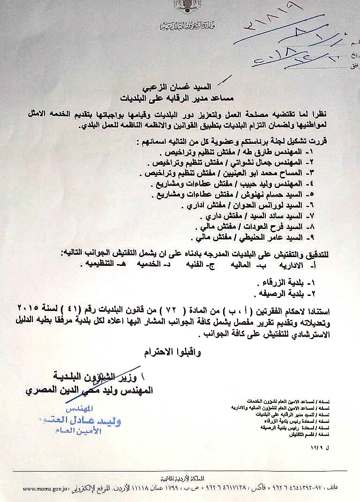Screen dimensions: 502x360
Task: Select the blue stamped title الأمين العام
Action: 101,431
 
